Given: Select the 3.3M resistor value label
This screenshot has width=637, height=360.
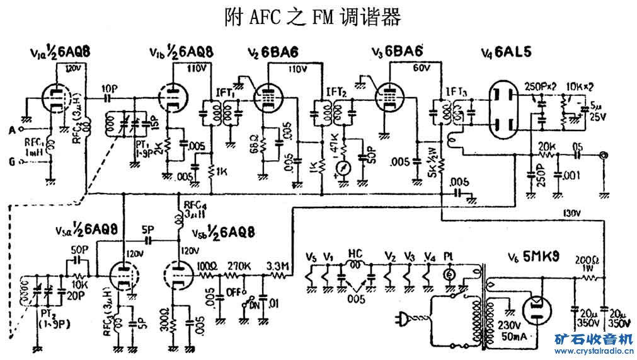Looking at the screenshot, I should tap(278, 265).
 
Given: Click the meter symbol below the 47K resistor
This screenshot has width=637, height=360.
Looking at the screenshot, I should tap(343, 169).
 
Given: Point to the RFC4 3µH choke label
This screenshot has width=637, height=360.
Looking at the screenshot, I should tap(192, 210).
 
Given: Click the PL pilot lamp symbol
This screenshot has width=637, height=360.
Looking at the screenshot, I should tap(449, 274).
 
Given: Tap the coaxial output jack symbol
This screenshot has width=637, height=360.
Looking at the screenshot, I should tap(605, 154).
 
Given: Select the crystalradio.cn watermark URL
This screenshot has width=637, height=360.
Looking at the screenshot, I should tap(592, 351).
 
